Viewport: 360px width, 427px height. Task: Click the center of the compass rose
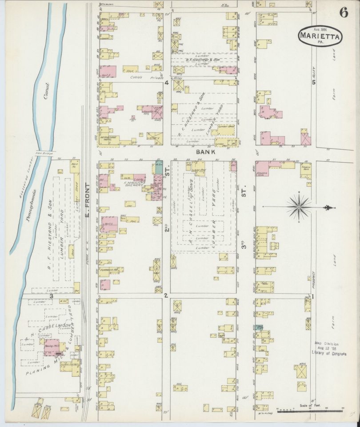(299, 206)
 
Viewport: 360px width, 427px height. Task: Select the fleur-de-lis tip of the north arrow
(328, 208)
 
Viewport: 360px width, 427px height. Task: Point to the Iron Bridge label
(44, 154)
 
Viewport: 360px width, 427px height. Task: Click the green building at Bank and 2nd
(158, 168)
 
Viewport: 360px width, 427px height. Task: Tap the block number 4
(167, 83)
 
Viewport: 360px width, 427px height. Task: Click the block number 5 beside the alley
(313, 83)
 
